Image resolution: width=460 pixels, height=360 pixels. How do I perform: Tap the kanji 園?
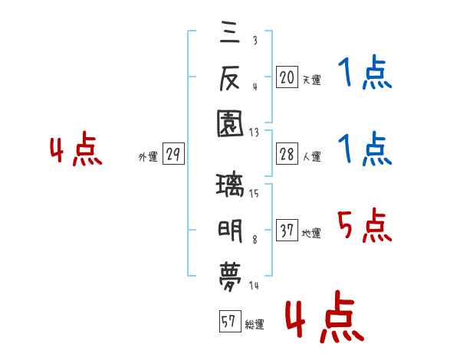(x=231, y=121)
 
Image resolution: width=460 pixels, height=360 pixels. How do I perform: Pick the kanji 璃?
(x=231, y=185)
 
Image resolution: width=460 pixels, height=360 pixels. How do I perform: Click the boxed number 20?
(x=287, y=77)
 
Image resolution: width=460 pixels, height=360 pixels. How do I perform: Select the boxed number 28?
(x=287, y=155)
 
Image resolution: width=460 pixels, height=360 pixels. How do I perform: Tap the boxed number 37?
(x=287, y=231)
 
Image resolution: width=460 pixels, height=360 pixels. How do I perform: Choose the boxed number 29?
(x=172, y=155)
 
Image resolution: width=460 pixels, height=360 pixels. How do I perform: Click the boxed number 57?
(x=229, y=322)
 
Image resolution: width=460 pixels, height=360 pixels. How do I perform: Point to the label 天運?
(x=311, y=79)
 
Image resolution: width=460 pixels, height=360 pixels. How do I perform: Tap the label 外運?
(x=148, y=157)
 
